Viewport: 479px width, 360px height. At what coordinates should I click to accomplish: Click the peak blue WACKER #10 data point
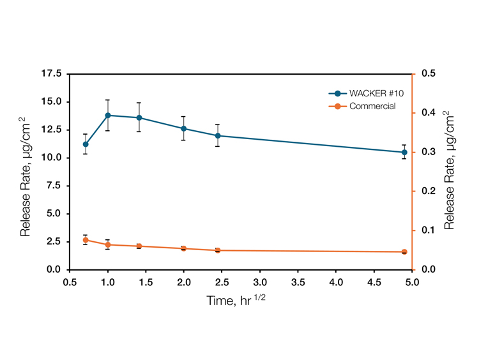(x=108, y=116)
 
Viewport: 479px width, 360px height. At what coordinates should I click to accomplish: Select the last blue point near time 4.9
(x=404, y=152)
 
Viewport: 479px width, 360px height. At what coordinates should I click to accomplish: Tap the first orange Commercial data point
(x=86, y=240)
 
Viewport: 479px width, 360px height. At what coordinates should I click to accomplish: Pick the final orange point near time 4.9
(x=404, y=251)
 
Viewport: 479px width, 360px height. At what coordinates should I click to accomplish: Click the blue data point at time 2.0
(x=184, y=128)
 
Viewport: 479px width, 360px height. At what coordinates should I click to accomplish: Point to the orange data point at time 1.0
(x=108, y=244)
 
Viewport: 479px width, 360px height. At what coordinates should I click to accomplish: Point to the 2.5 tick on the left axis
(x=55, y=242)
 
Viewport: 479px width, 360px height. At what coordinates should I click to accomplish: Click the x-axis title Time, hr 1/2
(x=236, y=299)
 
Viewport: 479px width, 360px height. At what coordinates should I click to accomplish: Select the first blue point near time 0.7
(x=86, y=144)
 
